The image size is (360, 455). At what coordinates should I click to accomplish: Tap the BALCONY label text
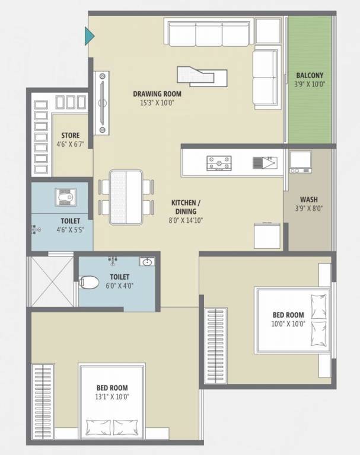point(310,75)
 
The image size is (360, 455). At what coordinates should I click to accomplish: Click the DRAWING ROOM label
point(157,94)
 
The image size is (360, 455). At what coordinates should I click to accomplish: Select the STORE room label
point(70,136)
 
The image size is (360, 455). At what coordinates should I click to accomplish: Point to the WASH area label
point(307,200)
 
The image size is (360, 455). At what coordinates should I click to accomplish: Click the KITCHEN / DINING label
point(184,207)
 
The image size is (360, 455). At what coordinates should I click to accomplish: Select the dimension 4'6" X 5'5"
point(68,230)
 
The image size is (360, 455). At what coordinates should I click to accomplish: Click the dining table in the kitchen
point(126,197)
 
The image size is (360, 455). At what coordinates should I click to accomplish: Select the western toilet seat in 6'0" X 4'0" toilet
point(89,282)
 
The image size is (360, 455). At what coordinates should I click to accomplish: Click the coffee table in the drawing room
point(202,75)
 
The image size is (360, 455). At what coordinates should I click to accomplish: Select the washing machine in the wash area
point(300,162)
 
